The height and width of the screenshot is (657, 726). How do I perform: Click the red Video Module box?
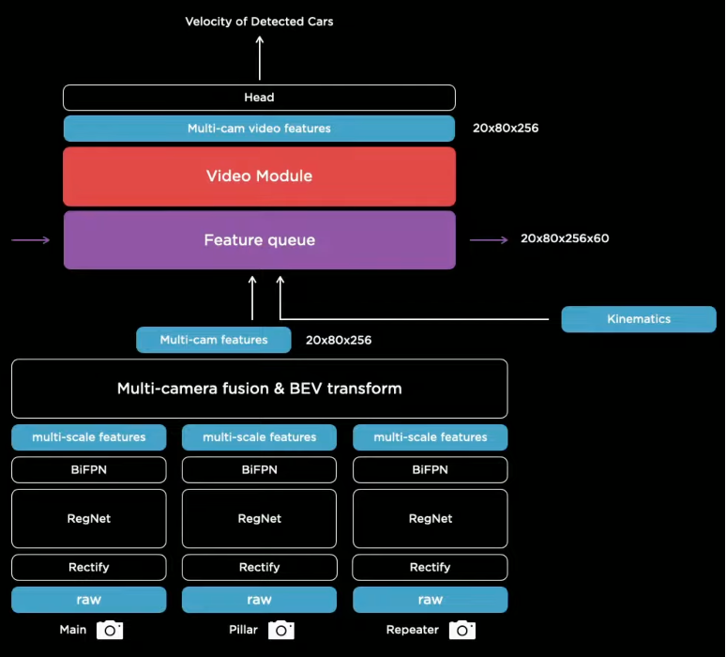click(259, 176)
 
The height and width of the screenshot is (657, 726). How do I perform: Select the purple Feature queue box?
click(259, 240)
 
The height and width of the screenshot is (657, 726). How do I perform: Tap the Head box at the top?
click(259, 98)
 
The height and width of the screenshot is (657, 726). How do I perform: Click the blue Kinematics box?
click(638, 319)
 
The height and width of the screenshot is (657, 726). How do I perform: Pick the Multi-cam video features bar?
click(259, 129)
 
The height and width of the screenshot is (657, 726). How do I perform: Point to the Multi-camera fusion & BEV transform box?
click(259, 389)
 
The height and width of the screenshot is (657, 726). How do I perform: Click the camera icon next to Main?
click(110, 630)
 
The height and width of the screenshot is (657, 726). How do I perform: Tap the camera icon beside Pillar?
click(281, 630)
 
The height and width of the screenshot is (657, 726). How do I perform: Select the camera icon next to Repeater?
click(461, 630)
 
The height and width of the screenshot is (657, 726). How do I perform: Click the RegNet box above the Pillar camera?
click(259, 518)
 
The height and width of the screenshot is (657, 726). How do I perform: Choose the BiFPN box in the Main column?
click(89, 469)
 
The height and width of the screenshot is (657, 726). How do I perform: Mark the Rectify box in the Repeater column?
click(430, 567)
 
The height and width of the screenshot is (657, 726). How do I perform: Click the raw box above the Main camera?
click(89, 600)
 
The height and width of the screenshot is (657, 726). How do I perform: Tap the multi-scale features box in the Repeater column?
click(430, 437)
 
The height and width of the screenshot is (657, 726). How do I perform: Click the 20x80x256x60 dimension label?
click(565, 238)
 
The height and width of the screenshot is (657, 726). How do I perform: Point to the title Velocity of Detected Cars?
click(259, 22)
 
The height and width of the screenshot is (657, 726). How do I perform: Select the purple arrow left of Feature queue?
click(31, 240)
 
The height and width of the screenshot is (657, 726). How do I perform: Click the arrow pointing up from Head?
click(260, 58)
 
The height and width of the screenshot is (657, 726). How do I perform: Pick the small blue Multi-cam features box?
click(214, 340)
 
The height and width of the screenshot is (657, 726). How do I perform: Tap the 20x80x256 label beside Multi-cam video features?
click(506, 129)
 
